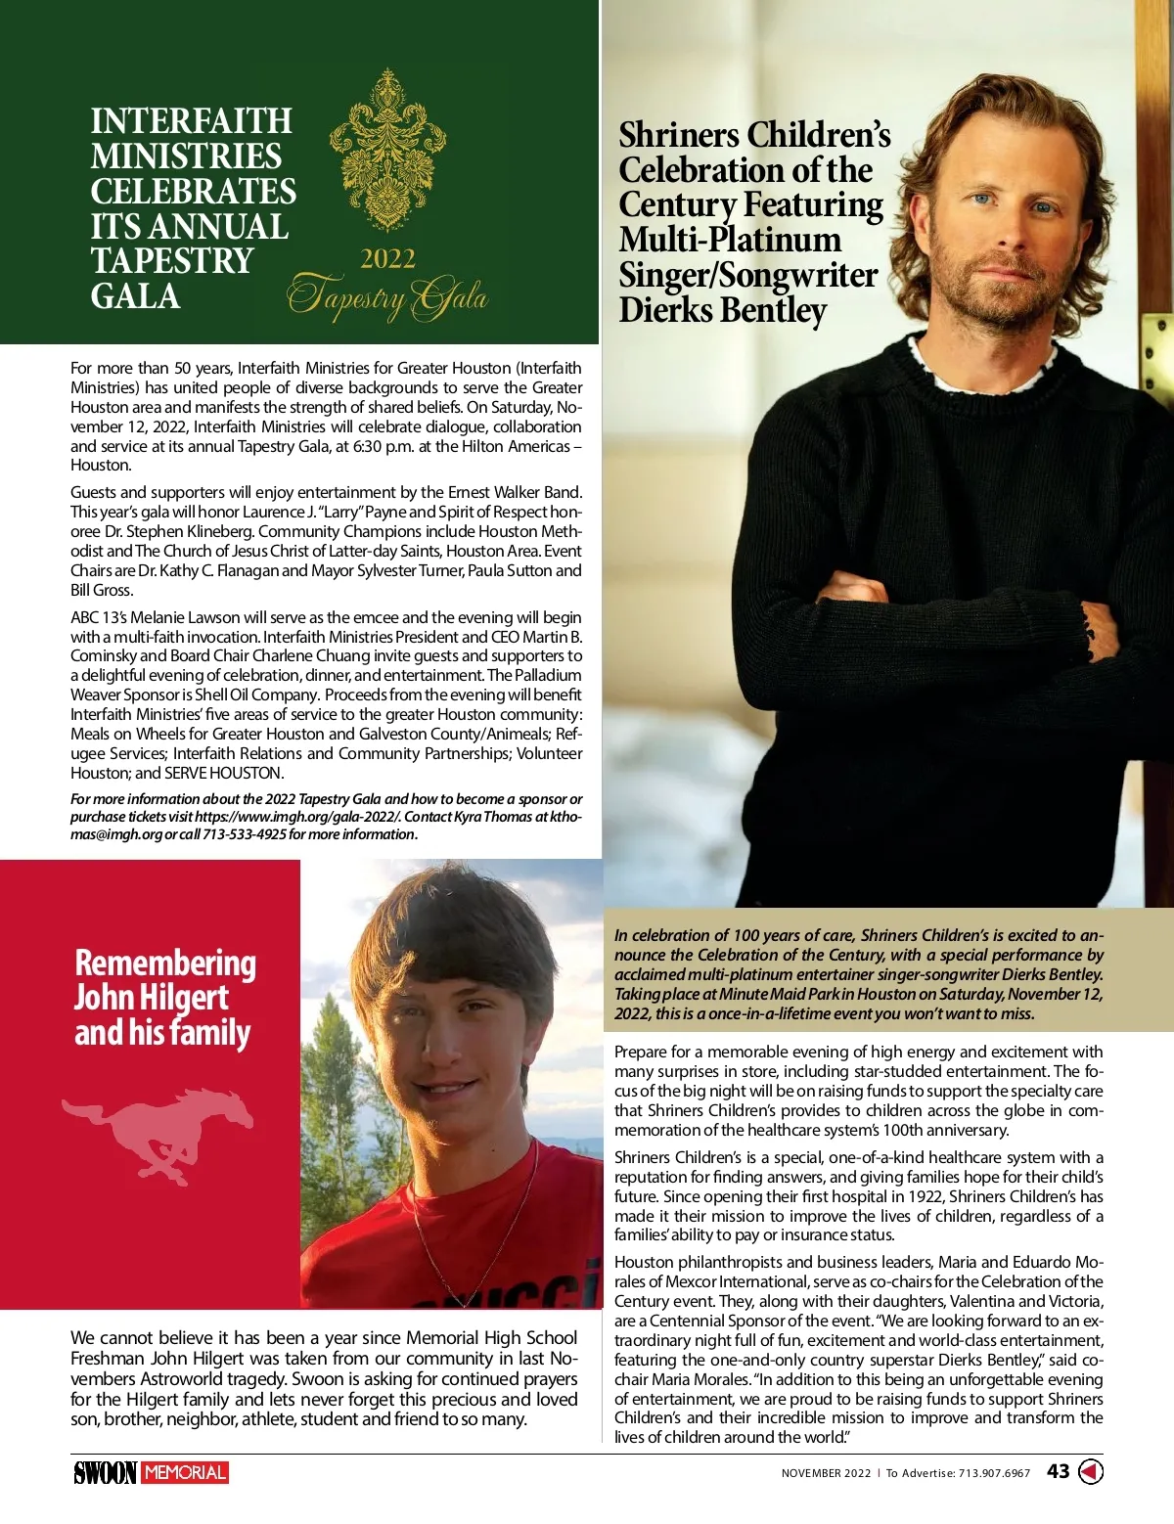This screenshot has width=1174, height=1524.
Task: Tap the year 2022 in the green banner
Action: pos(387,259)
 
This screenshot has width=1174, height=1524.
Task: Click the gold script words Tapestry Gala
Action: pos(387,297)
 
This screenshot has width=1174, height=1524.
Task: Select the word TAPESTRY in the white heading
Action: pos(172,261)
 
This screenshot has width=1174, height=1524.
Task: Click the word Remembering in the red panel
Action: pos(165,963)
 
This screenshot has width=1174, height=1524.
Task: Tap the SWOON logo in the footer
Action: pos(105,1472)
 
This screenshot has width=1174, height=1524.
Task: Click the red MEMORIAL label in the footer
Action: pos(185,1472)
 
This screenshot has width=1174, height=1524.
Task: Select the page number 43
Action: pos(1058,1471)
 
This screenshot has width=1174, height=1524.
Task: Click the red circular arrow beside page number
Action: pos(1091,1471)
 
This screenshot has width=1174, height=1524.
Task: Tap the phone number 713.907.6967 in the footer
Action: pos(994,1473)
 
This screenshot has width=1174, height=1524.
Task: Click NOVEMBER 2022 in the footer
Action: pos(825,1473)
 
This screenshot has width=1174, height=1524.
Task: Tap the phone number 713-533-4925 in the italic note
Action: pos(244,834)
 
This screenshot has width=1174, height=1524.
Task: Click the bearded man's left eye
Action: pos(1044,208)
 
